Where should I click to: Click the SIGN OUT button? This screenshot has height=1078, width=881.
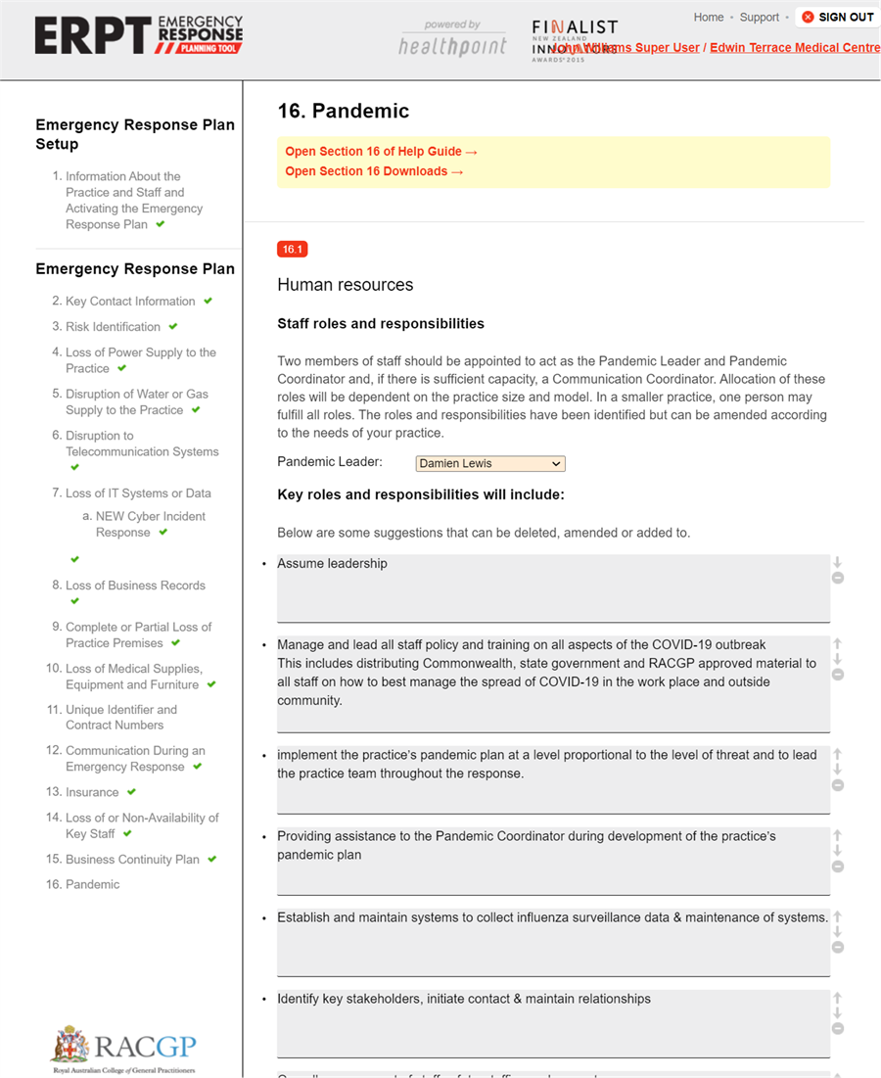837,17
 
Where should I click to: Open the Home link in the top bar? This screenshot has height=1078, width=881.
709,17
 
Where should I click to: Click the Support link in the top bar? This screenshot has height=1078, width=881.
760,17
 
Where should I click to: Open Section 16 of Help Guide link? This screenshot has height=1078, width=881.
381,152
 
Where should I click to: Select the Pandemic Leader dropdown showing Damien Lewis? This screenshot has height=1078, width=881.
490,463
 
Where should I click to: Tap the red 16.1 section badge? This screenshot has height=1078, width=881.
292,250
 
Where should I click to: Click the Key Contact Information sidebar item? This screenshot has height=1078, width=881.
130,302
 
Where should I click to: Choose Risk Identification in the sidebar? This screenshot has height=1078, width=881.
113,327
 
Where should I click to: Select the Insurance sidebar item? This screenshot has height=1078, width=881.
92,792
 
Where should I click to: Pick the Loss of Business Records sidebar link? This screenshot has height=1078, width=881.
135,586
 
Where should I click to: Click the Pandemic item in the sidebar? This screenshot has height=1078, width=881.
92,884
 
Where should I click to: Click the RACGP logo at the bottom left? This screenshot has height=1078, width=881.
124,1047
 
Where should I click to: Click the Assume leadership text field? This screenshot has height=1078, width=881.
553,587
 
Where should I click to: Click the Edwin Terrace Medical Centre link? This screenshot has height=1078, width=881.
794,47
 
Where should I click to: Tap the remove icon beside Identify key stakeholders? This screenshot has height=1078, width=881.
838,1028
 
